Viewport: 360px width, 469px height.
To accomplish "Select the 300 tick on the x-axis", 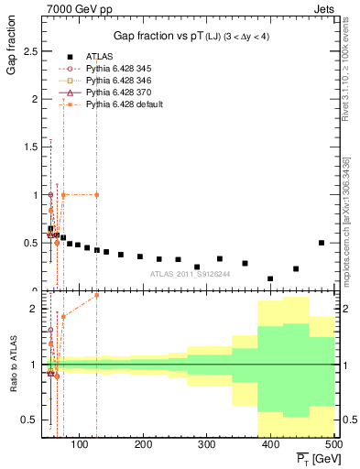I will coord(207,445).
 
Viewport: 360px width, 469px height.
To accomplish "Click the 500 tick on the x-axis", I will coord(333,445).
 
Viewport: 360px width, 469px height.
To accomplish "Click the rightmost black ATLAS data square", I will coord(321,243).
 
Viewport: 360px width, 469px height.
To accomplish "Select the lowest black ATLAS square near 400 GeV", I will coord(270,278).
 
